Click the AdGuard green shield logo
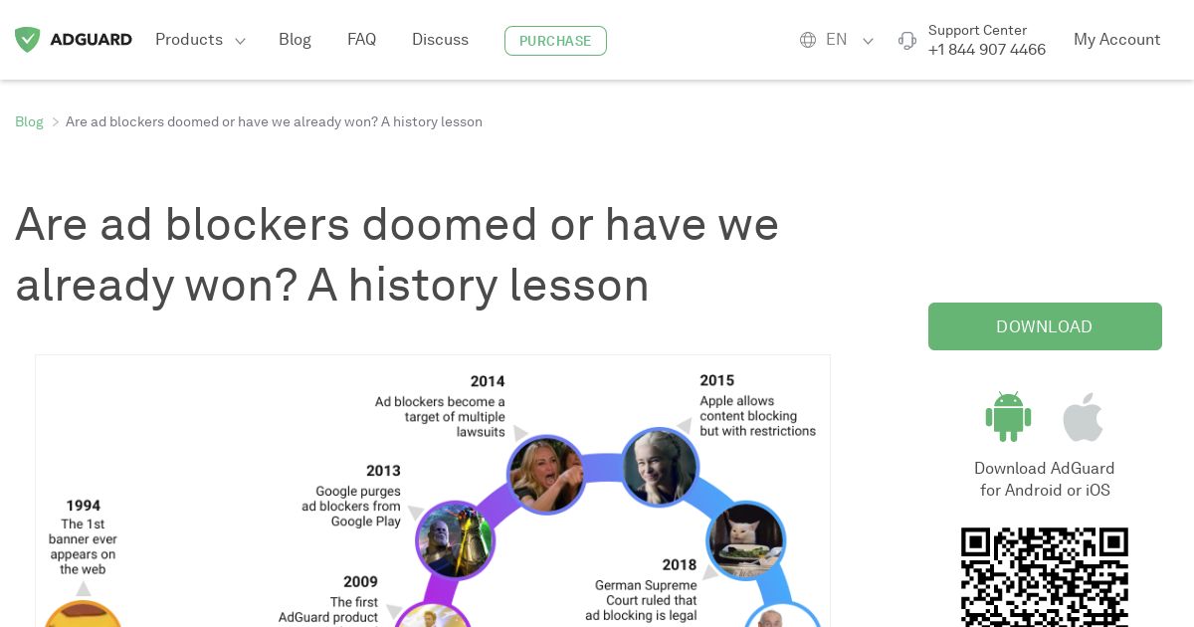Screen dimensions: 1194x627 (27, 40)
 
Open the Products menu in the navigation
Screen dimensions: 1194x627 (200, 40)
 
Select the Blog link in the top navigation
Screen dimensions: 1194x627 (295, 40)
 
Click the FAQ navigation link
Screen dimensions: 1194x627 (361, 40)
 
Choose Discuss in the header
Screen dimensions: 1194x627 (440, 40)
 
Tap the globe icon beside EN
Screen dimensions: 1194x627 (808, 40)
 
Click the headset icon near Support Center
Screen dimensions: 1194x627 (906, 41)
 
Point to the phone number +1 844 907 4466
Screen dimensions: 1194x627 (987, 50)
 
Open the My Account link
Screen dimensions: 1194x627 (1116, 40)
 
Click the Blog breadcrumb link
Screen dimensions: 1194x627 (29, 121)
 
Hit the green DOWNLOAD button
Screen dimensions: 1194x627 (1045, 326)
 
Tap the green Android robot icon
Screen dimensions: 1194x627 (1008, 416)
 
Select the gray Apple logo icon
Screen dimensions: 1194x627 (1083, 417)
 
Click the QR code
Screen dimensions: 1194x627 (1045, 577)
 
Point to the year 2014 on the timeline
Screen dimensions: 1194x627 (488, 381)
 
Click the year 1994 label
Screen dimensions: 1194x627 (84, 506)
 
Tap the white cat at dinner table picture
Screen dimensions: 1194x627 (745, 540)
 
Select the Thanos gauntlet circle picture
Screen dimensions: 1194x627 (456, 539)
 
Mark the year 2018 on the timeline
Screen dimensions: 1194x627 (679, 564)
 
